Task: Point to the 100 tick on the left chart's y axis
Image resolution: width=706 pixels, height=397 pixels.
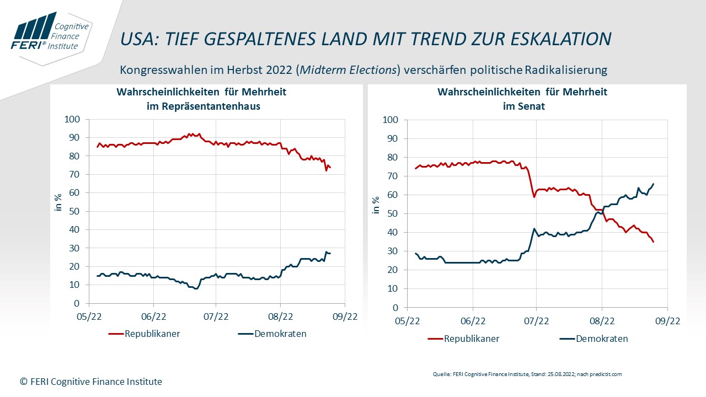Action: pos(73,119)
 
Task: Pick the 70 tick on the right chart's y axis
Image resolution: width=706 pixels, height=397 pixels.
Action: pos(391,176)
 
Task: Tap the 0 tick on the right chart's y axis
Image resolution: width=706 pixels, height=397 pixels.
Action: pos(394,307)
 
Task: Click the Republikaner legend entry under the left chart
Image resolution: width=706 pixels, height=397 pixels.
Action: pos(145,334)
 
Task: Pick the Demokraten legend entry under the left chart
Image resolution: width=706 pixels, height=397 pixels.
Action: pos(272,334)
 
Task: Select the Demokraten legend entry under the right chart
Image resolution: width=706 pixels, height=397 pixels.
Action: pos(594,339)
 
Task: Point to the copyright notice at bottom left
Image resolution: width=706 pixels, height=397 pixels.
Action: pos(91,381)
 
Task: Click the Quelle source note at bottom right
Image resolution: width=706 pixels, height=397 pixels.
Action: pos(527,374)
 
